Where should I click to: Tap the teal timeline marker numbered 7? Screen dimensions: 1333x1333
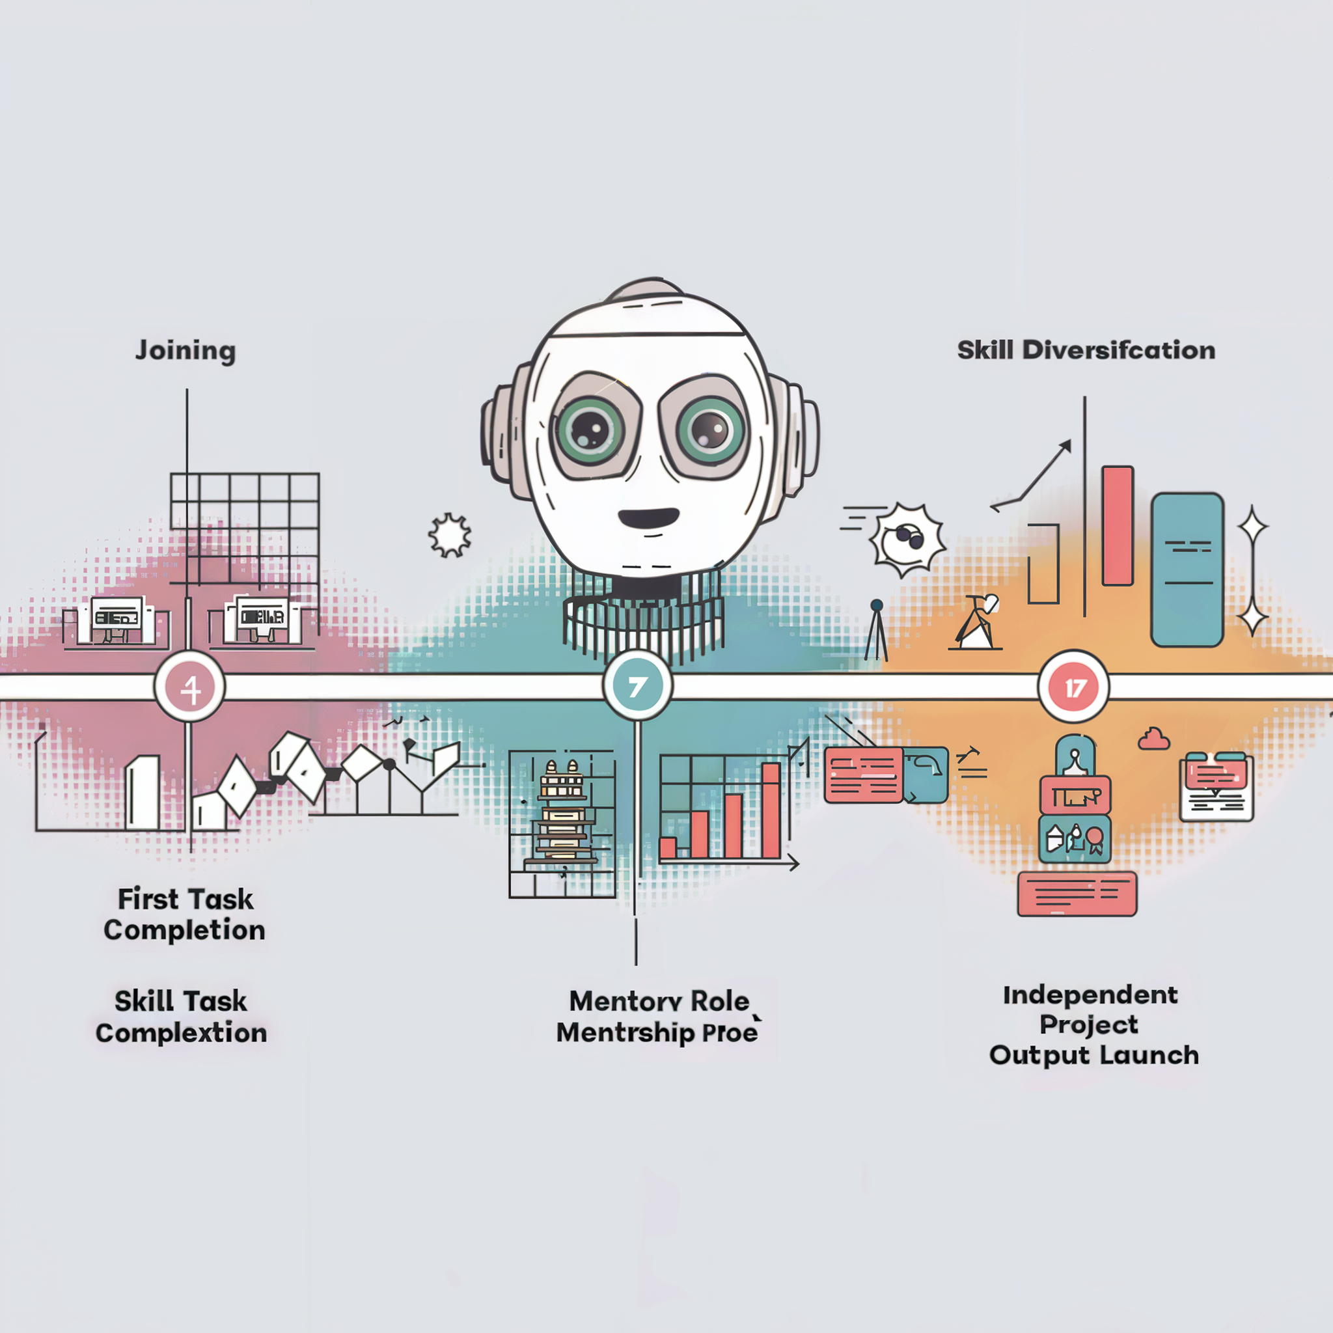(x=637, y=686)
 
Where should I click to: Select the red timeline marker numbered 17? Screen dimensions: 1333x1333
(x=1073, y=687)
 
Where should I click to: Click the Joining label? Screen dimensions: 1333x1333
(x=186, y=351)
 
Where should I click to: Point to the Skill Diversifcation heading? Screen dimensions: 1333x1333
(x=1086, y=351)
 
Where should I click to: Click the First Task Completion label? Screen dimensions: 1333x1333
(x=185, y=914)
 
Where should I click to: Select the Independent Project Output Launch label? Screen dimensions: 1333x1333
(x=1093, y=1025)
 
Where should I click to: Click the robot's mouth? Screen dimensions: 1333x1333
(x=648, y=517)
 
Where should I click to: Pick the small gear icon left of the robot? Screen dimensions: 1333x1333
(x=450, y=535)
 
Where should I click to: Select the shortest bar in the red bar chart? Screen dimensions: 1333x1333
(x=668, y=847)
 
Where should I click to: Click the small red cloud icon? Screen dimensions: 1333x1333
(x=1153, y=739)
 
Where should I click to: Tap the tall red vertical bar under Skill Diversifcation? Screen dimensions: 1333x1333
(x=1117, y=526)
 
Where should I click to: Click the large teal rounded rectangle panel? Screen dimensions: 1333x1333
(x=1187, y=570)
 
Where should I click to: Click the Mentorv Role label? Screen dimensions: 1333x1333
(x=659, y=1001)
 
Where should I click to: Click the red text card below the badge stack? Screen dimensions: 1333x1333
(x=1077, y=894)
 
